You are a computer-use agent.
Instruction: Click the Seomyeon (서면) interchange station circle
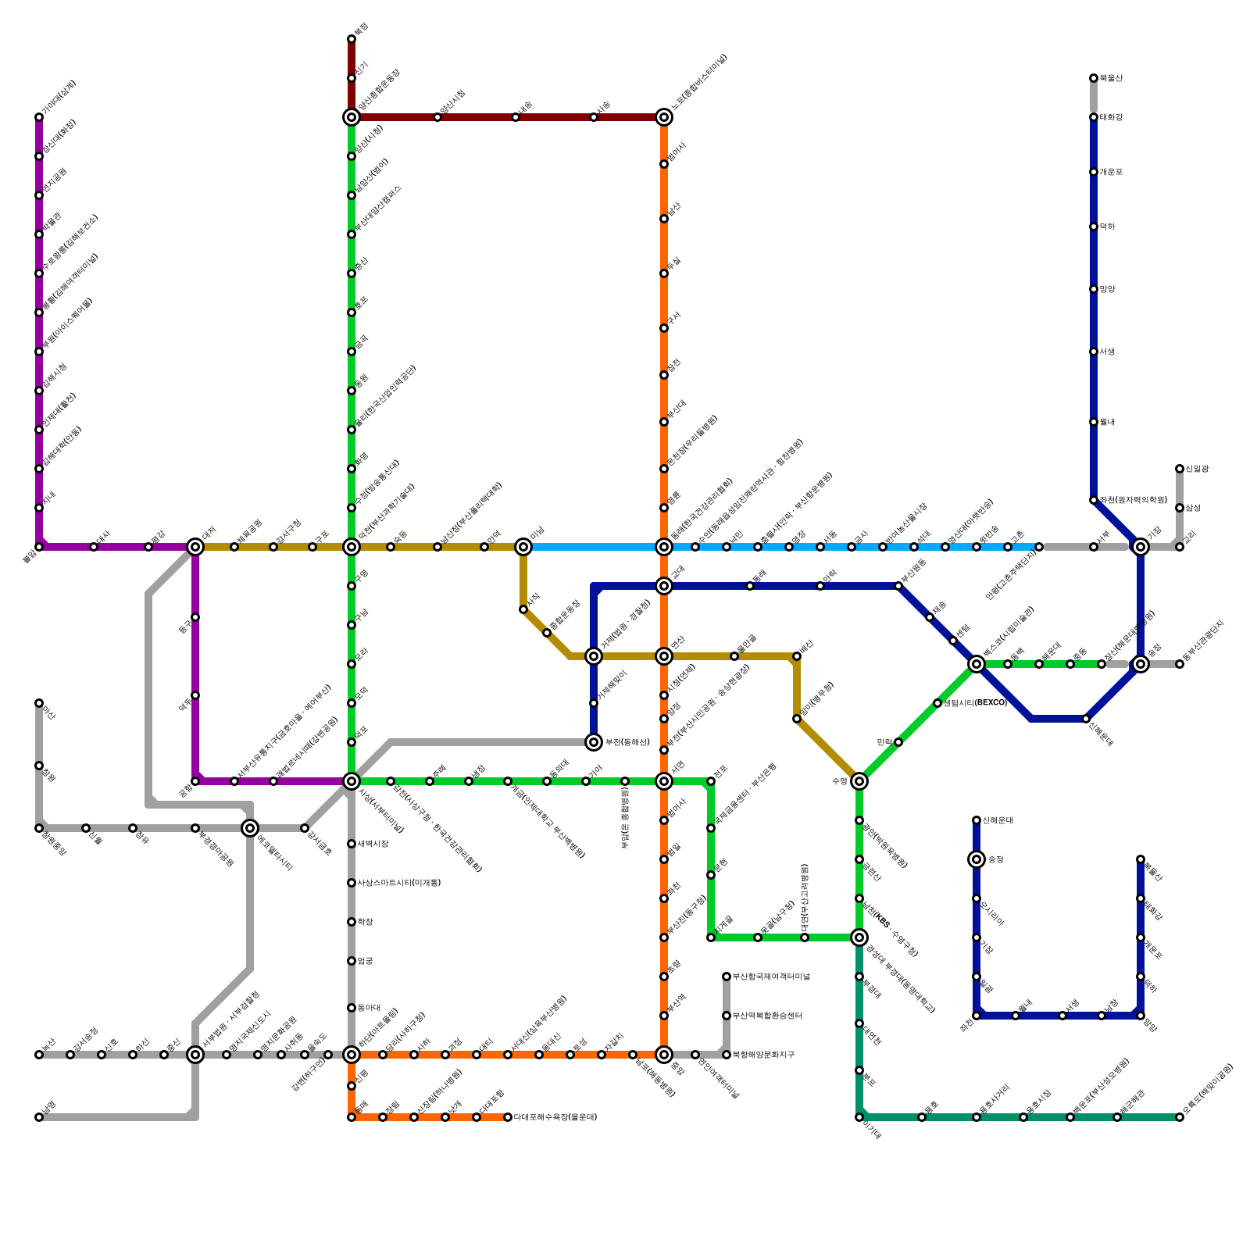click(x=664, y=781)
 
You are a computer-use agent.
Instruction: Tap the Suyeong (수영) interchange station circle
click(x=859, y=781)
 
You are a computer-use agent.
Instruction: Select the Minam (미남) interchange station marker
click(x=523, y=547)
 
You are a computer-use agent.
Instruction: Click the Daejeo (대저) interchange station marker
click(x=195, y=547)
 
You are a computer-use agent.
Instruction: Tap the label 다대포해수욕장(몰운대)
click(x=555, y=1117)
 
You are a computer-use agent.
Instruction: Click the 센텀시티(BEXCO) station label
click(x=975, y=703)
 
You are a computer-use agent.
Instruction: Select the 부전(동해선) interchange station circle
click(x=594, y=742)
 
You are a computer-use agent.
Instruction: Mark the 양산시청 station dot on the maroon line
click(x=437, y=117)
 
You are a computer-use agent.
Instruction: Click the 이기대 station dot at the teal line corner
click(x=859, y=1117)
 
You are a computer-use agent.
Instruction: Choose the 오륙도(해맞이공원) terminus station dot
click(x=1180, y=1117)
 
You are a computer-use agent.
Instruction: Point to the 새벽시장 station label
click(x=373, y=844)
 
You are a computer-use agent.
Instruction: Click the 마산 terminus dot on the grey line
click(x=39, y=703)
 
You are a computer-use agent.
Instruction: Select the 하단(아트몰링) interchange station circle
click(x=352, y=1055)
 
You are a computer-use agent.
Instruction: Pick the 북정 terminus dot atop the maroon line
click(x=352, y=39)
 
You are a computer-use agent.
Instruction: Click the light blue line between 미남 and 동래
click(x=594, y=547)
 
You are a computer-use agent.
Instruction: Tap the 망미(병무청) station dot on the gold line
click(x=797, y=719)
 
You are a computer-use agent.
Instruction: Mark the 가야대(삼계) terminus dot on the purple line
click(x=39, y=117)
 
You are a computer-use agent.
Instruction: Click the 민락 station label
click(x=884, y=742)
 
